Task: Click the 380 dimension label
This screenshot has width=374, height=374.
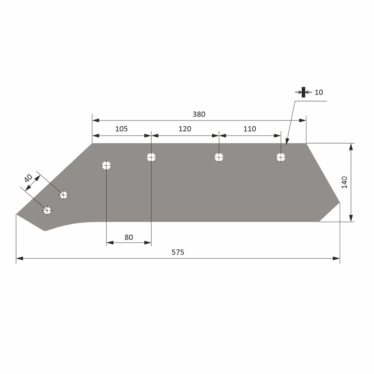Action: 199,114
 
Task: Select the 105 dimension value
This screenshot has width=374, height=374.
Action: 121,129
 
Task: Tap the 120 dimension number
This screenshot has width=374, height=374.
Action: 184,129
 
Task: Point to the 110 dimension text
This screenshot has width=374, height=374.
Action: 249,129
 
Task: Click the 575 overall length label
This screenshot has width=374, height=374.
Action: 178,252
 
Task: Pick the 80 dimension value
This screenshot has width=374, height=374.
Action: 129,237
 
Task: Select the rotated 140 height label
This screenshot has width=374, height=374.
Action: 344,182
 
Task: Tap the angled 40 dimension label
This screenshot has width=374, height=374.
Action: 28,178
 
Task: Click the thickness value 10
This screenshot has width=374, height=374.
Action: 318,92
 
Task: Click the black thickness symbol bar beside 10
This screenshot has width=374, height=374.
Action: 303,92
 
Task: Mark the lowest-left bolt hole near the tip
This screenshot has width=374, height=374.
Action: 47,210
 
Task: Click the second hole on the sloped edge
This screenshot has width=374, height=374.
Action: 64,195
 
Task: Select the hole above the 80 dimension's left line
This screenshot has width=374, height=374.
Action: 106,165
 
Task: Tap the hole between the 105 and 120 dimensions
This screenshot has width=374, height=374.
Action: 151,157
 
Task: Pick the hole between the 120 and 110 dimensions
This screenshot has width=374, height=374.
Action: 219,157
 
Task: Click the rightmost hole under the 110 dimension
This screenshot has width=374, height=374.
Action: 280,157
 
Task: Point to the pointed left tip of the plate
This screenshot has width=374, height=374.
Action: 17,214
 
